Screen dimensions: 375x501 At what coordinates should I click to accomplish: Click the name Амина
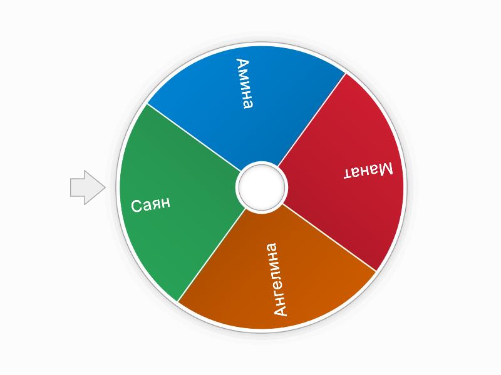point(245,84)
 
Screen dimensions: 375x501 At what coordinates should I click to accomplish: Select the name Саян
point(151,204)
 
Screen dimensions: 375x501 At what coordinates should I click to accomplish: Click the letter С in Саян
point(137,207)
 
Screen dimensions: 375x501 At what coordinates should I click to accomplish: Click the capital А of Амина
point(242,64)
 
